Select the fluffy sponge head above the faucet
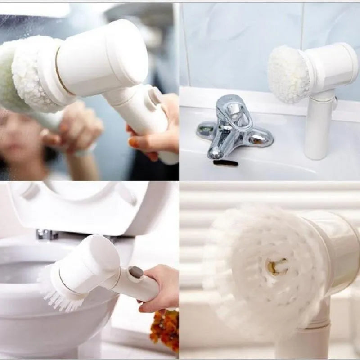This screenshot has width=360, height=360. point(288,75)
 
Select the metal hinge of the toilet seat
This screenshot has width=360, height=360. point(47,234)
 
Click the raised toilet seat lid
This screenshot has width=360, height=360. point(90,205)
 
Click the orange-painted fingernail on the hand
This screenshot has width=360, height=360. point(134,143)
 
